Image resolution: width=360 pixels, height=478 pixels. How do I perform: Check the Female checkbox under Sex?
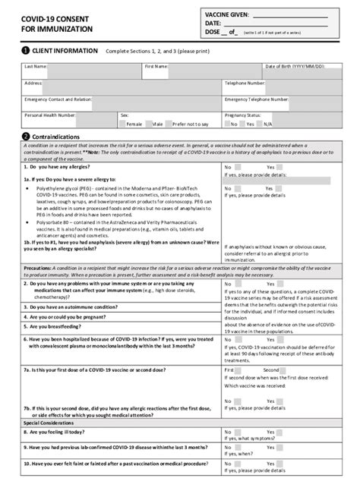[x=122, y=123]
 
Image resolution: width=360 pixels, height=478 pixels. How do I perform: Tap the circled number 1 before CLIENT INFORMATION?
[x=25, y=51]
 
